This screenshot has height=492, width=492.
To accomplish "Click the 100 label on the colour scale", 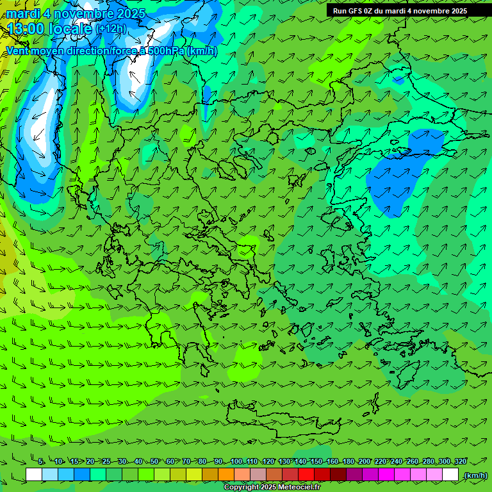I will pos(236,462).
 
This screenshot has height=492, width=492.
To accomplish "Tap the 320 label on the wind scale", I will pos(460,462).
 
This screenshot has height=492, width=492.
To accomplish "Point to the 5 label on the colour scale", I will pos(41,462).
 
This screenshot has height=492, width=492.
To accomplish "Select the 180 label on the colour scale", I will pos(348,462).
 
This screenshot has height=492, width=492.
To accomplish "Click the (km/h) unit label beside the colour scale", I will pos(475,475).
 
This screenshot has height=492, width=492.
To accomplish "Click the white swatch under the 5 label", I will pos(34,475).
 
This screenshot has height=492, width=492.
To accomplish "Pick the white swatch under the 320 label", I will pos(450,475).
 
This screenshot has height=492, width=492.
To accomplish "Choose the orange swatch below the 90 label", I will pos(226,475).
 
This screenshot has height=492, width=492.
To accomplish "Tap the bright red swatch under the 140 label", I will pos(306,475).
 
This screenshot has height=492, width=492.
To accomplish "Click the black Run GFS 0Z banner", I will pos(409,11).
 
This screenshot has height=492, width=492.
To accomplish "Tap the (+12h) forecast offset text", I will pos(111,29).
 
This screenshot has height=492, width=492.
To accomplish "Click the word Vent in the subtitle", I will pos(17,51).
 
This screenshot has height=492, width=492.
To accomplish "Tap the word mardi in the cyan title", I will pos(22,13).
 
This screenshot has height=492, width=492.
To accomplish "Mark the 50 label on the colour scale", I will pos(155,462).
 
